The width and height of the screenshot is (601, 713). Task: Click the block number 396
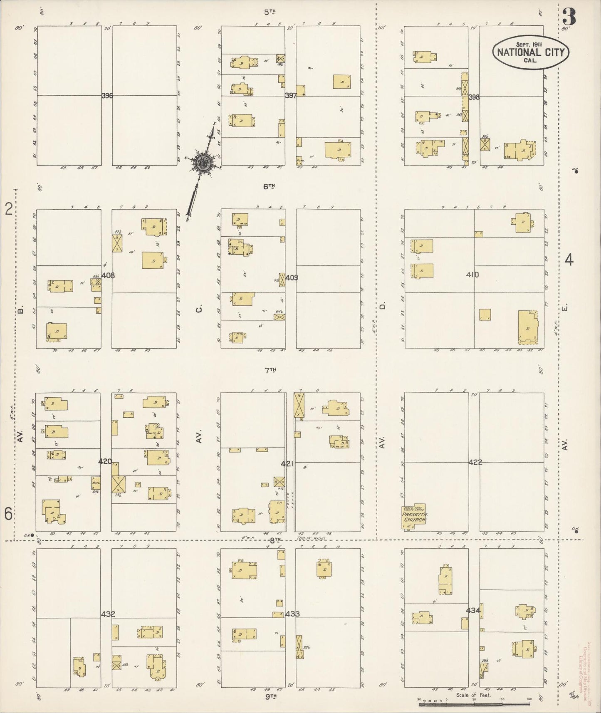point(107,96)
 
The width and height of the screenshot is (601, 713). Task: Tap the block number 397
point(290,96)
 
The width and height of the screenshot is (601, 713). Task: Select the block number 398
point(474,97)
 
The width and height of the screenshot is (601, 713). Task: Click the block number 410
point(472,275)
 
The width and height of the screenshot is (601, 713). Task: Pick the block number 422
point(475,462)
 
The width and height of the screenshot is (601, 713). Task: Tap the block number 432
point(107,614)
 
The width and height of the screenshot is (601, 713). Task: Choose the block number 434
point(473,611)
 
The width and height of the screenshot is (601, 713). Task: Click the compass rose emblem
point(203,162)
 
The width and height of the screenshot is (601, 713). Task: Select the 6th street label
point(270,187)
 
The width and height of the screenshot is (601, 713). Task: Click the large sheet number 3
point(568,17)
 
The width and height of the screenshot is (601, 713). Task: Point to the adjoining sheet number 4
point(569,260)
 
